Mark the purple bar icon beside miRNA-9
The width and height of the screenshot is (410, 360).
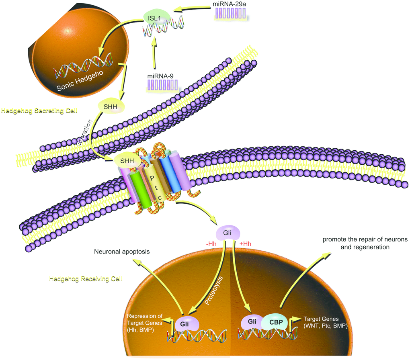point(163,85)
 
